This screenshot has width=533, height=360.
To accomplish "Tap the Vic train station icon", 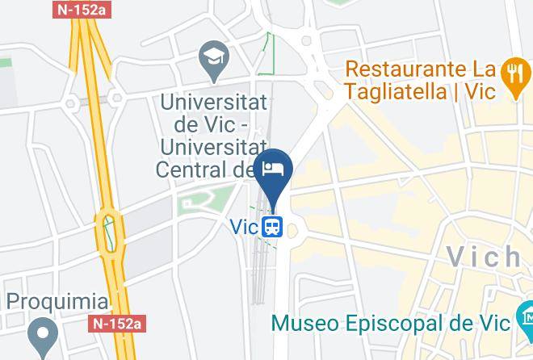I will pos(272,227).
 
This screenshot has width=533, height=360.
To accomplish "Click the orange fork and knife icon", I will pos(512,75).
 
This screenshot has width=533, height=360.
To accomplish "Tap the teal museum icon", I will pos(525,315).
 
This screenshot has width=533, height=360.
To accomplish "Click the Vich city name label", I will pos(485,257).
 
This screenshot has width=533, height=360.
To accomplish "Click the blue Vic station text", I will pos(245,228).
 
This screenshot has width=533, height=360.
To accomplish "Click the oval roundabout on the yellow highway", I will pos(110,232).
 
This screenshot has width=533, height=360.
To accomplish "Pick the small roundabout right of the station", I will pos(292,231).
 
